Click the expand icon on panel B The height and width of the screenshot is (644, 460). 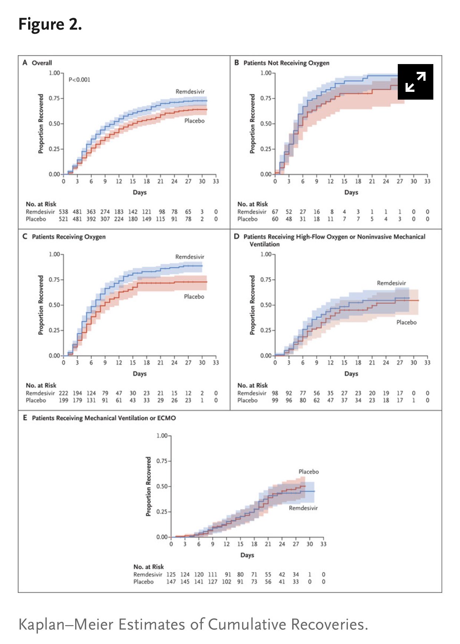[415, 82]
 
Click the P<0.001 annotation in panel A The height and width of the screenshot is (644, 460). [79, 80]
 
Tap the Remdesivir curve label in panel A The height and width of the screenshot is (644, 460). [190, 91]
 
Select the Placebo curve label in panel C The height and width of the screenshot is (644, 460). [194, 297]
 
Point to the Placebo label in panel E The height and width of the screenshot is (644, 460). [309, 471]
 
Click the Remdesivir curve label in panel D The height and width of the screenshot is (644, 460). [391, 283]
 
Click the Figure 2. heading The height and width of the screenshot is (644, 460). [50, 24]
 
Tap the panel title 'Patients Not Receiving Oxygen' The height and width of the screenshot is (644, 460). [286, 63]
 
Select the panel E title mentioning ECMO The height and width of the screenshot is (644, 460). [104, 418]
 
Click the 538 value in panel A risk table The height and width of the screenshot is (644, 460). [63, 212]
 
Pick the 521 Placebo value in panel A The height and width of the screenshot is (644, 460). [63, 219]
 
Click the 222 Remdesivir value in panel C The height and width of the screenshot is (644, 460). [63, 393]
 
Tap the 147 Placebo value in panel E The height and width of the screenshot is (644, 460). [171, 582]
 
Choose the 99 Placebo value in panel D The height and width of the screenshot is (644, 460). [275, 400]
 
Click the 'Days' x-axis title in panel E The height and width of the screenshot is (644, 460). [247, 555]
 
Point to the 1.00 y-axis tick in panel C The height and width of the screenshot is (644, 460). [55, 254]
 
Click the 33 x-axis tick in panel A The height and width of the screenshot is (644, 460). [216, 181]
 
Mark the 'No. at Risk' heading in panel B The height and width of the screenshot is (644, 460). [253, 204]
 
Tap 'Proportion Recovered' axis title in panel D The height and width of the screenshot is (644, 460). [253, 305]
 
